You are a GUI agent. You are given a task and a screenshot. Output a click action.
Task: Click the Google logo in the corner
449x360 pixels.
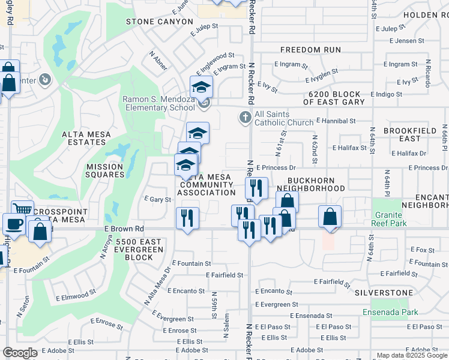tap(19, 353)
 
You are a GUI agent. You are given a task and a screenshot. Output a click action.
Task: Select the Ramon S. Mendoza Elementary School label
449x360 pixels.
tap(158, 103)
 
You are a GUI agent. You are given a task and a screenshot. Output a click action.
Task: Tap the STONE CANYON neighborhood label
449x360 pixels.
tap(159, 22)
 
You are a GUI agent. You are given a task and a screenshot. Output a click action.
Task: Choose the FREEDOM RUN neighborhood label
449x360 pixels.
tap(310, 50)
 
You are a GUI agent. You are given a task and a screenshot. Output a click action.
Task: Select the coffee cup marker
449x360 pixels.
tap(14, 224)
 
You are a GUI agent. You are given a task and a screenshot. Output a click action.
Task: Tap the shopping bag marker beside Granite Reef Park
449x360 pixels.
tap(330, 216)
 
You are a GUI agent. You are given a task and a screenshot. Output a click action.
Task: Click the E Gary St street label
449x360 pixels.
tap(158, 199)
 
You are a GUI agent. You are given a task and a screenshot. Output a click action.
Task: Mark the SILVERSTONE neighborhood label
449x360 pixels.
tap(384, 293)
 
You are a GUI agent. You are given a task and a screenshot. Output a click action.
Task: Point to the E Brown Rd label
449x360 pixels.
tap(124, 229)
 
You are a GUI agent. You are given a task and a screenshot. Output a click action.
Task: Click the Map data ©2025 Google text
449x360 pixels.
tap(411, 355)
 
